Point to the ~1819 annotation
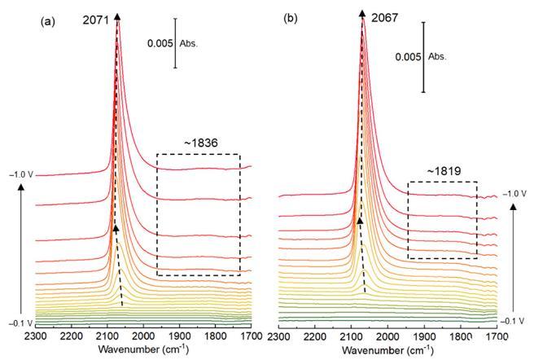pos(443,172)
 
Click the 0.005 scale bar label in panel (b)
pos(408,57)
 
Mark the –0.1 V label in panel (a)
pos(19,323)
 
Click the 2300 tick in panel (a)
pos(35,335)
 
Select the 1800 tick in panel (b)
pos(460,335)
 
